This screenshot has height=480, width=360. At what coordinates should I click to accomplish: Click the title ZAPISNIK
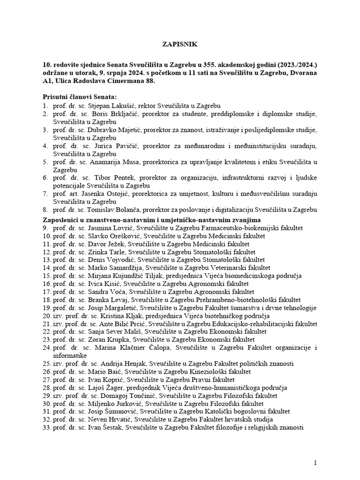pyautogui.click(x=180, y=45)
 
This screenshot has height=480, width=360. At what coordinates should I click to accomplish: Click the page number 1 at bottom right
pyautogui.click(x=315, y=463)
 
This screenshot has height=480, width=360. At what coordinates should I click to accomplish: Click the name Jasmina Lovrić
pyautogui.click(x=108, y=228)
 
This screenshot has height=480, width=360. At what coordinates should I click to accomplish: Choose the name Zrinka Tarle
pyautogui.click(x=105, y=252)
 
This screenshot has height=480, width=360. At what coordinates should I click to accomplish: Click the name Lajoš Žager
pyautogui.click(x=107, y=387)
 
